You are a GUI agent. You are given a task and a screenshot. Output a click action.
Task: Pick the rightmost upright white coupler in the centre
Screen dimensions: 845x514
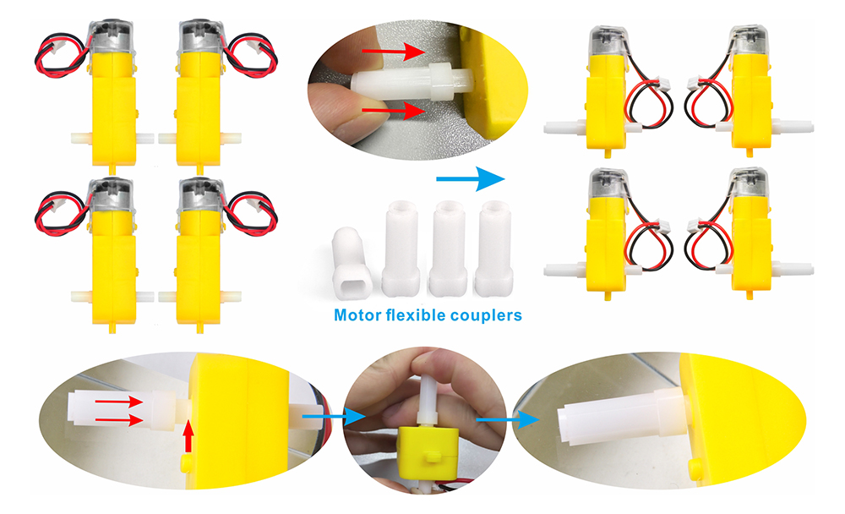[x=493, y=248]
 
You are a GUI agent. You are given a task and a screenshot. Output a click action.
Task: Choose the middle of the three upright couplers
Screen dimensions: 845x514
[x=448, y=248]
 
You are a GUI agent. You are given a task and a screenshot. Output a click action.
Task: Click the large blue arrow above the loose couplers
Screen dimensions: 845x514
[x=471, y=179]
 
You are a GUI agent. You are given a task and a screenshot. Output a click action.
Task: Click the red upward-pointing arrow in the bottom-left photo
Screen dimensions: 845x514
[x=188, y=435]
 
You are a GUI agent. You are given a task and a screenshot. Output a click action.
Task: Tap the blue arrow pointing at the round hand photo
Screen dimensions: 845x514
[x=334, y=417]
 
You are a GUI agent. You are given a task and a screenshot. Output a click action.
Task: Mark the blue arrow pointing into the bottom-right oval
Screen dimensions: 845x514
[x=508, y=419]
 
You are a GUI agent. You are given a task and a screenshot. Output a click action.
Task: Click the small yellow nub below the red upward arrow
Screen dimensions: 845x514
[x=187, y=462]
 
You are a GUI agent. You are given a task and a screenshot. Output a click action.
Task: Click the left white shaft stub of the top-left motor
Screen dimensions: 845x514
[x=82, y=138]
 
